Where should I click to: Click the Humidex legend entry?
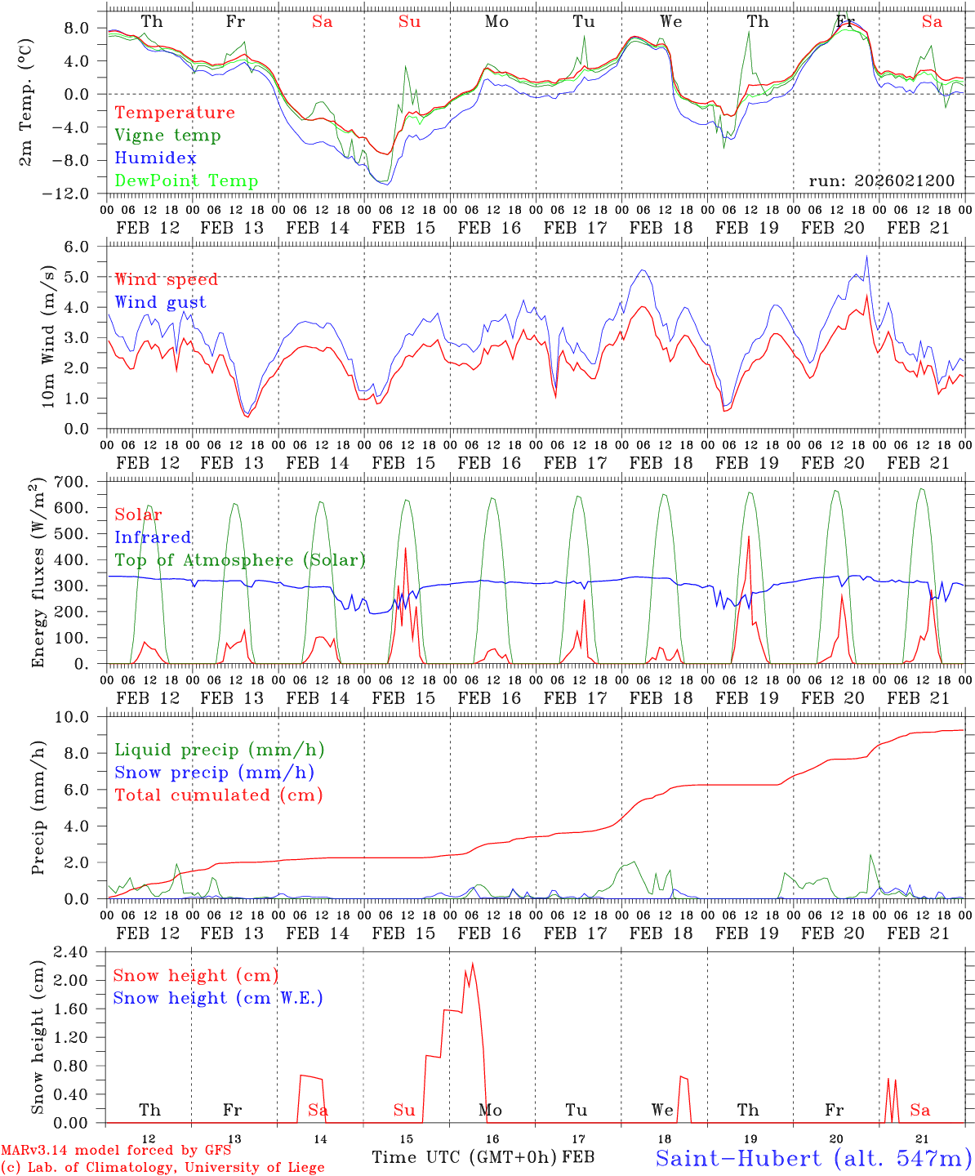pos(156,158)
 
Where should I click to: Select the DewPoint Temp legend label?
pos(186,181)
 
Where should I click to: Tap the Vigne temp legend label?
pos(167,136)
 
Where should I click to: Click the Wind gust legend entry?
pos(160,302)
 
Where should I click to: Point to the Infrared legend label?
pos(153,537)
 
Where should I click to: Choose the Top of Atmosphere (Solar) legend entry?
pos(240,560)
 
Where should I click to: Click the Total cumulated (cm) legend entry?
pos(219,795)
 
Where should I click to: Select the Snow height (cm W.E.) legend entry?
pos(218,998)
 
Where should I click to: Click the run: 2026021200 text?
pos(881,181)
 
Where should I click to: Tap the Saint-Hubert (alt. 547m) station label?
pos(813,1158)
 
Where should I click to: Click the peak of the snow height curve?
pos(472,964)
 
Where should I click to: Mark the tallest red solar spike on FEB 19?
pos(749,537)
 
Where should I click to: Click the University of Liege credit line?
pos(163,1167)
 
